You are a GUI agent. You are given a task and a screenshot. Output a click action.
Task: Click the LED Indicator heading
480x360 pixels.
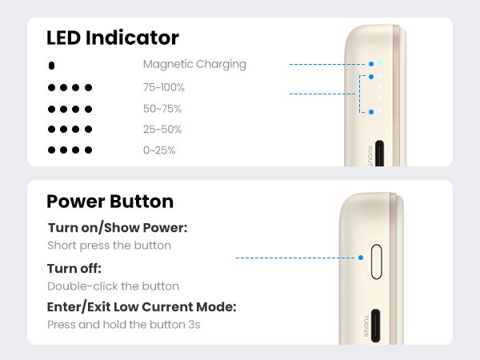[113, 38]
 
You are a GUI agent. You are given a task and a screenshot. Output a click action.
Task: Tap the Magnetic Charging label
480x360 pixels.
[194, 64]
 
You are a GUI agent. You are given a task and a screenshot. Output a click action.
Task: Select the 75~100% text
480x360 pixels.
[164, 87]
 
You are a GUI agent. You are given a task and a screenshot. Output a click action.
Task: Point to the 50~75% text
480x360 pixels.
[162, 109]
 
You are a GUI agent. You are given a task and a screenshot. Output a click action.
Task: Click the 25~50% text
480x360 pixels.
[162, 129]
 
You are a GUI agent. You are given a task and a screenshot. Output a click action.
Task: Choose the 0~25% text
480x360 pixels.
[159, 150]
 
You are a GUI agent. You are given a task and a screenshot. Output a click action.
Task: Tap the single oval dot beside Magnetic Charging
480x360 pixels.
[51, 66]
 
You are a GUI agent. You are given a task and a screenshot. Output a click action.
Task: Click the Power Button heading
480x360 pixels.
[110, 202]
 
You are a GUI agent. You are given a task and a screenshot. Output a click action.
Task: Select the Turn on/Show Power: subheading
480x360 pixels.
[118, 228]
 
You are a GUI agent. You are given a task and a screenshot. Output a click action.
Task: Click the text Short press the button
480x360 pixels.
[110, 246]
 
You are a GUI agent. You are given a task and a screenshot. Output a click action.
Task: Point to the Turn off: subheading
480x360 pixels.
[74, 269]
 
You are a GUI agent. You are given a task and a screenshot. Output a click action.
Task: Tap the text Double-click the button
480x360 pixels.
[114, 286]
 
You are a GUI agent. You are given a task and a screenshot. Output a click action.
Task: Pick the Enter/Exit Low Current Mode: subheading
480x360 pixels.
[142, 306]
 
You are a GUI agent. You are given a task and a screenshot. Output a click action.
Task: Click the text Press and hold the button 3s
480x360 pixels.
[124, 325]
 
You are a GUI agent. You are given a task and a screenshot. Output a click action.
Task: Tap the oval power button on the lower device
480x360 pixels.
[376, 262]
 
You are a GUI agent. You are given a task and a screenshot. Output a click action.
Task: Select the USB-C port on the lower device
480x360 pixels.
[376, 326]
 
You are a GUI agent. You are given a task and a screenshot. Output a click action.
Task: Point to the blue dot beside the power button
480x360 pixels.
[361, 258]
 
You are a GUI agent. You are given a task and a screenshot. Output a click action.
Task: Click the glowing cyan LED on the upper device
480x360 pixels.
[380, 62]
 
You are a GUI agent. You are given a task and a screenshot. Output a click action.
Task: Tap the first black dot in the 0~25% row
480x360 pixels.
[51, 150]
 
